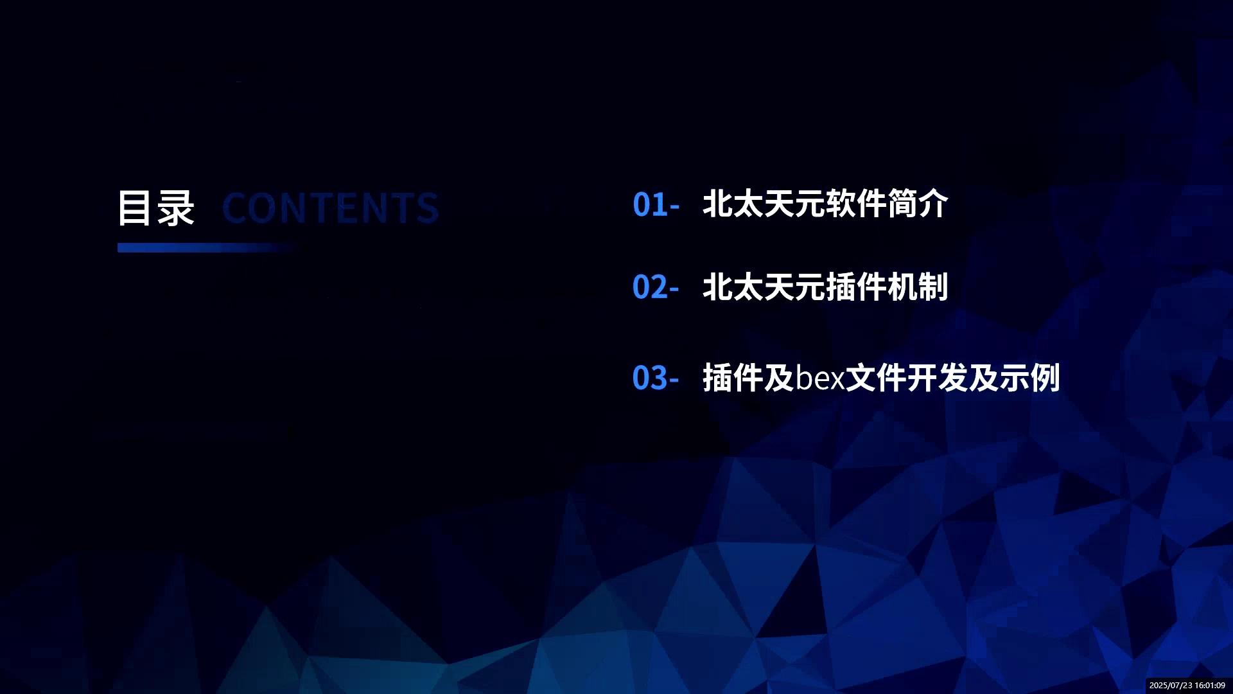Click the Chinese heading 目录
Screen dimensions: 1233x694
[156, 208]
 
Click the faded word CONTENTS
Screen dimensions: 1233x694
[330, 208]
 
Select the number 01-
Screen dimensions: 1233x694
[656, 204]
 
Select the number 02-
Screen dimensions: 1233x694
[656, 287]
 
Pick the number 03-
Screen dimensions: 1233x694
[656, 378]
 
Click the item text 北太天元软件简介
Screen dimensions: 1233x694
[825, 204]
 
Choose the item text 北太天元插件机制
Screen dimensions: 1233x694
[825, 287]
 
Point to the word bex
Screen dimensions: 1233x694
[820, 378]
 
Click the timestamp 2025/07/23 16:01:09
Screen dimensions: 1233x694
[1187, 686]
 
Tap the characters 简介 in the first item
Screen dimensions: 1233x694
[918, 204]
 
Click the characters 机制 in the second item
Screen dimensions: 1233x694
[918, 287]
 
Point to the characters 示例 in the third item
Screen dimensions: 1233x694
[1029, 378]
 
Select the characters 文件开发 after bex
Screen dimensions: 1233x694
[907, 378]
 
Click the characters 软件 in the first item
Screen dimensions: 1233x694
[856, 204]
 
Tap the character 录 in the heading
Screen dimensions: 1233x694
[175, 208]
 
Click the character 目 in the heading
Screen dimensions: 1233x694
[135, 208]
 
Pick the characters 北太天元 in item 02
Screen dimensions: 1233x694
[764, 287]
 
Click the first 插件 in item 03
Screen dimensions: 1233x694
[733, 378]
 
